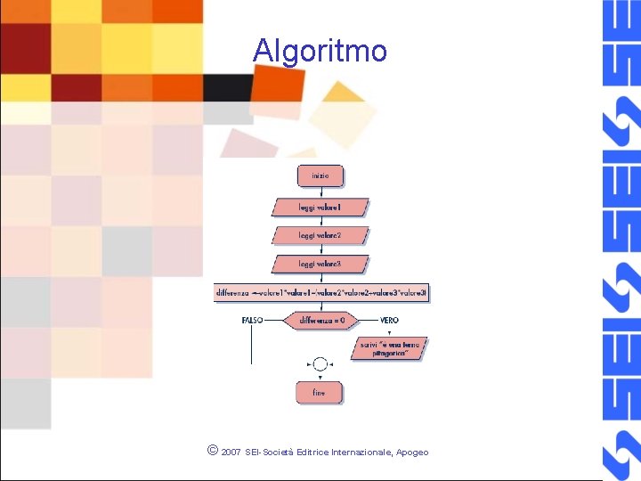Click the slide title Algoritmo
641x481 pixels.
[320, 50]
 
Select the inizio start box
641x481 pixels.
[320, 175]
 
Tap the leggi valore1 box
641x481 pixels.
[320, 208]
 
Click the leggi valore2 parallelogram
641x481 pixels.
[320, 236]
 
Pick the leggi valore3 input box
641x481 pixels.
[320, 264]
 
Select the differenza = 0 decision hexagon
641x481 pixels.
[321, 320]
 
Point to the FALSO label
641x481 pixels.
[252, 320]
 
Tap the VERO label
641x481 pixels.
[389, 320]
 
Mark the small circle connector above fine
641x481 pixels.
[320, 363]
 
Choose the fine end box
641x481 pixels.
[319, 392]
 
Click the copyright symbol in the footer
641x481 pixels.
[211, 451]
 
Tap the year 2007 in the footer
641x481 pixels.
[231, 452]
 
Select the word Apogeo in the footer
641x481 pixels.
[412, 452]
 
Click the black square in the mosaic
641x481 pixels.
[228, 87]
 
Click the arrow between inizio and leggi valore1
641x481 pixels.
[320, 192]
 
